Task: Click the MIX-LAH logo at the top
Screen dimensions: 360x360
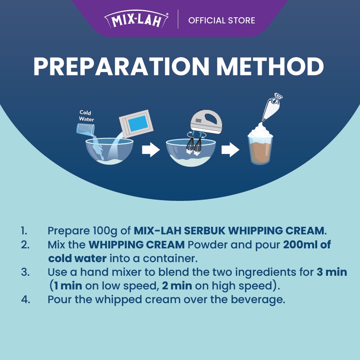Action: pos(136,19)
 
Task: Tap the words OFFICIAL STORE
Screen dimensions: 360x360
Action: pos(221,21)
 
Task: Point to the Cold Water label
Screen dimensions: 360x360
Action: pos(86,116)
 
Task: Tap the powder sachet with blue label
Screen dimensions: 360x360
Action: pos(136,123)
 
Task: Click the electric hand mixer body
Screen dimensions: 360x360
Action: pos(206,121)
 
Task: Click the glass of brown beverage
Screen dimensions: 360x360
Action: pos(260,149)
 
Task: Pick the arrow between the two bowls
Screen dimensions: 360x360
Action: pos(151,150)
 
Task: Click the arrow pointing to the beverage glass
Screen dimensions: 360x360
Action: pos(230,150)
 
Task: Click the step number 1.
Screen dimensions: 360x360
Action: pos(24,231)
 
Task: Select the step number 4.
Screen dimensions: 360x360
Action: pos(26,300)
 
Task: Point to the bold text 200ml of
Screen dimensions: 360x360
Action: pos(307,244)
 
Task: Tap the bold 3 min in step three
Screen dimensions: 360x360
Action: pos(332,272)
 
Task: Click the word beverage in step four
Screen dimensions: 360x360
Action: pos(258,300)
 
